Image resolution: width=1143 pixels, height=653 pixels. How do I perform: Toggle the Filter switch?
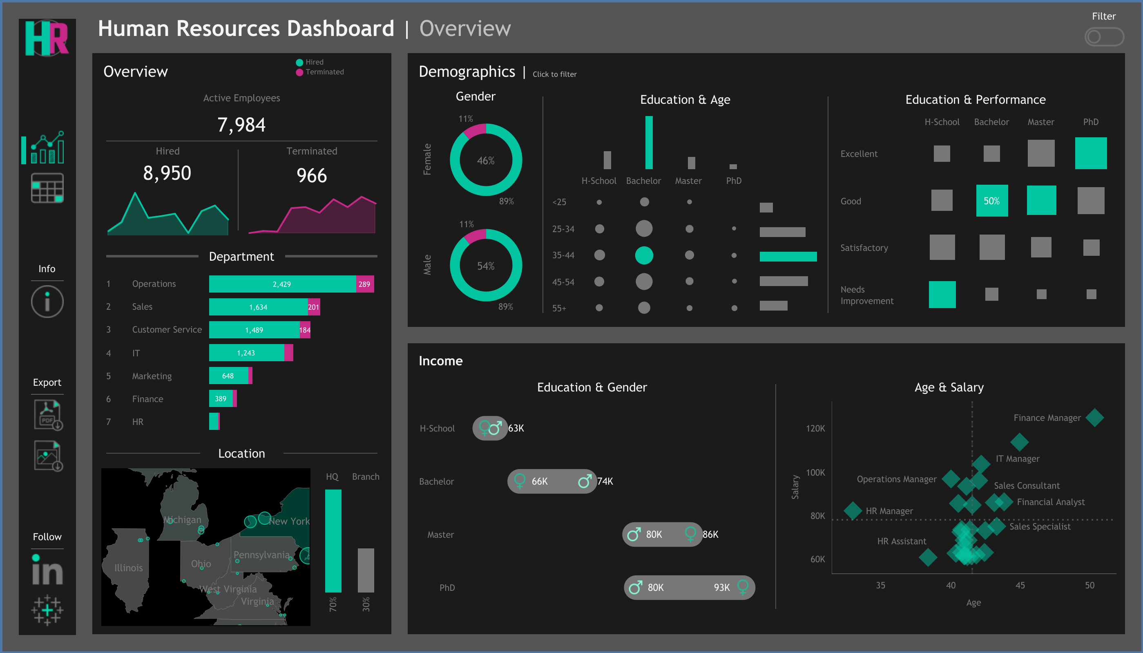point(1104,37)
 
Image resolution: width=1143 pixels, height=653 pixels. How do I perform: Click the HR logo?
point(47,38)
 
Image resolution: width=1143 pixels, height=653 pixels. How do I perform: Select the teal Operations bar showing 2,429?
point(282,284)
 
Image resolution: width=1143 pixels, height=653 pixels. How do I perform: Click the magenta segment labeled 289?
point(365,284)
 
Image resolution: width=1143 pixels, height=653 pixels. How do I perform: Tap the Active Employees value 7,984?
point(241,125)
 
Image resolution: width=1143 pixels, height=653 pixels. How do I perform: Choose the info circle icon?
point(47,302)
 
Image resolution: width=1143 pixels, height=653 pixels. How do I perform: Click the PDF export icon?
point(48,415)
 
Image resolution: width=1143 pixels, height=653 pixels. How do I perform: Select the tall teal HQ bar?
point(333,541)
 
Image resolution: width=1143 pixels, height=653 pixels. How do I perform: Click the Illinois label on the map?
point(129,568)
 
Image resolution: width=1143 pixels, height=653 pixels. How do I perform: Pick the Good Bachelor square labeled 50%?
point(992,201)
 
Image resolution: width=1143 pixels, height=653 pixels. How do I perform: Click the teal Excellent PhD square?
point(1091,153)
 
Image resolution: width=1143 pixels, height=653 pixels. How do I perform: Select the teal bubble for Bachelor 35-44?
point(644,255)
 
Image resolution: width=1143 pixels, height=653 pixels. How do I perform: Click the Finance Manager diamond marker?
point(1094,418)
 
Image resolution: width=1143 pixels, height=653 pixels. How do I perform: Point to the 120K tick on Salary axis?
point(815,428)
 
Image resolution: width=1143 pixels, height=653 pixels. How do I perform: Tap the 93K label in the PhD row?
point(722,588)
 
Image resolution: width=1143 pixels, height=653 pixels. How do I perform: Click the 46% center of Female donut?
point(485,160)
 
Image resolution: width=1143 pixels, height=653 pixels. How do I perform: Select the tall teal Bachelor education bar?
point(649,143)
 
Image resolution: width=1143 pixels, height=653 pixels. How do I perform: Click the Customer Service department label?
point(167,330)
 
